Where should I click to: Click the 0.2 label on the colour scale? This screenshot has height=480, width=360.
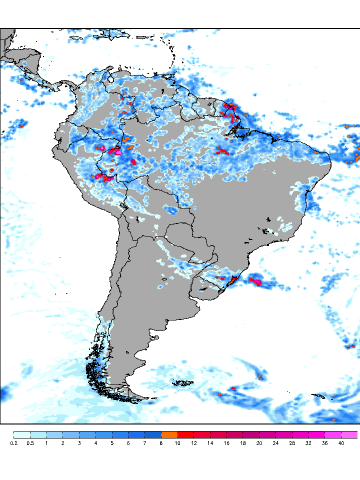pyautogui.click(x=13, y=443)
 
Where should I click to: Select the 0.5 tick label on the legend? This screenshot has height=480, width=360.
pyautogui.click(x=30, y=443)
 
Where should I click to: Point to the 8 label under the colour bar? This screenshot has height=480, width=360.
pyautogui.click(x=161, y=443)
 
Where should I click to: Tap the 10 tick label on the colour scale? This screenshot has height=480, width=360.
pyautogui.click(x=177, y=443)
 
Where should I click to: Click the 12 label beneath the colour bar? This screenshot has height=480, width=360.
pyautogui.click(x=194, y=443)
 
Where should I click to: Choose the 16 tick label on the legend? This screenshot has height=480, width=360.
pyautogui.click(x=226, y=443)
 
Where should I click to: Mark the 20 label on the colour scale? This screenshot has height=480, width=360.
pyautogui.click(x=259, y=443)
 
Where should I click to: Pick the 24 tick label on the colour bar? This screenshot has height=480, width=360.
pyautogui.click(x=276, y=443)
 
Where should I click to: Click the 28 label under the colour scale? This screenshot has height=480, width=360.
pyautogui.click(x=292, y=443)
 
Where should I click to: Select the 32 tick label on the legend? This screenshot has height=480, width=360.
pyautogui.click(x=308, y=443)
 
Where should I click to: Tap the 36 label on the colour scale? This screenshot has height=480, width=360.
pyautogui.click(x=325, y=443)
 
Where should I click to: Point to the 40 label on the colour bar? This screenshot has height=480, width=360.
pyautogui.click(x=341, y=443)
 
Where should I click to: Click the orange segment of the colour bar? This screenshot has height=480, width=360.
pyautogui.click(x=169, y=434)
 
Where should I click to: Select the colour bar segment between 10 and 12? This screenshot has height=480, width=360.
pyautogui.click(x=186, y=434)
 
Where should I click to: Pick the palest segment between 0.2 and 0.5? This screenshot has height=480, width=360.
pyautogui.click(x=22, y=434)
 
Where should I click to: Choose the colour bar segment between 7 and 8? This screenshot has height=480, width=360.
pyautogui.click(x=153, y=434)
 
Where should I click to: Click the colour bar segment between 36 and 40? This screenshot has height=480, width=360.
pyautogui.click(x=333, y=434)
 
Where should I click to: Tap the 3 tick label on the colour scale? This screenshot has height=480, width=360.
pyautogui.click(x=79, y=443)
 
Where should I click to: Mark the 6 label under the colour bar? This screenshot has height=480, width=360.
pyautogui.click(x=128, y=443)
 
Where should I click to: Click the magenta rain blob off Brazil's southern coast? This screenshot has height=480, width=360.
pyautogui.click(x=256, y=281)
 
